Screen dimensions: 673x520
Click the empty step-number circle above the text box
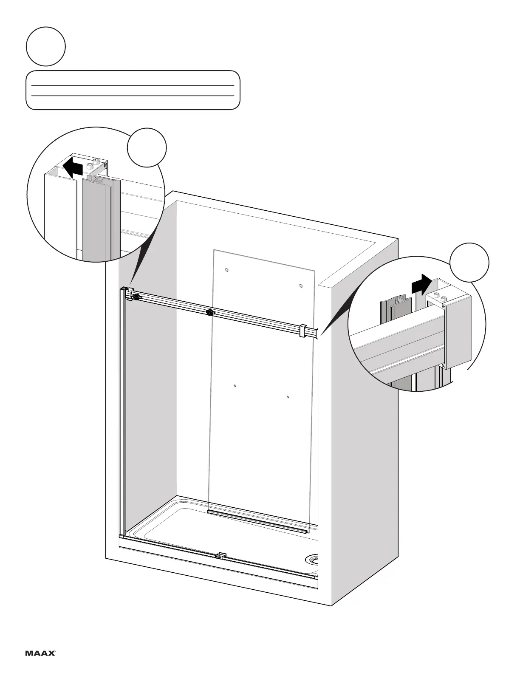point(45,46)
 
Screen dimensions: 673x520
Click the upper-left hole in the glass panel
point(226,270)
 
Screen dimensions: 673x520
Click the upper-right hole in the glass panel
point(301,286)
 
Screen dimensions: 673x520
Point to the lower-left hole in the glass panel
point(235,386)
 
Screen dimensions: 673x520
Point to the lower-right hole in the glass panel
point(288,397)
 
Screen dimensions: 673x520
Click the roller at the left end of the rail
point(136,297)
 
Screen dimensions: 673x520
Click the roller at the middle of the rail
point(209,313)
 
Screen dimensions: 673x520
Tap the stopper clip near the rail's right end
point(303,331)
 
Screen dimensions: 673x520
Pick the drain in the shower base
point(314,558)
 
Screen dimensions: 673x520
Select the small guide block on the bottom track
point(220,555)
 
